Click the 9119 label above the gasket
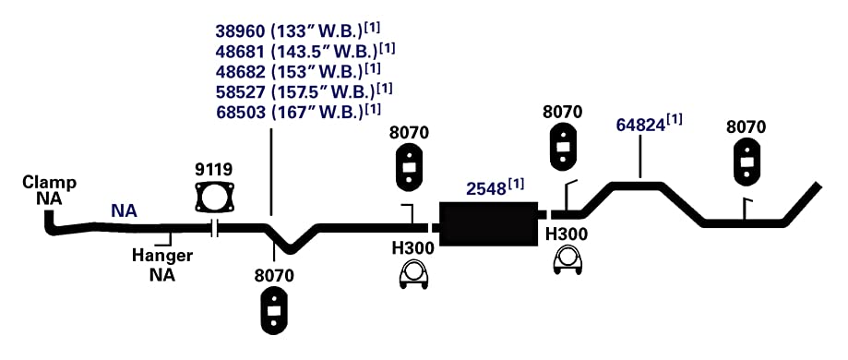(x=214, y=170)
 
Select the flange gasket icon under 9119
(x=215, y=197)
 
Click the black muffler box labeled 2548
(x=489, y=224)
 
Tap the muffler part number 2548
(x=486, y=189)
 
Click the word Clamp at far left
(x=49, y=183)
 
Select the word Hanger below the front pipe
(x=162, y=255)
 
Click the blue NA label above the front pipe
(x=125, y=211)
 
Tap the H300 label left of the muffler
(x=412, y=248)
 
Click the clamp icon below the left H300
(x=414, y=275)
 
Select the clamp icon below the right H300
(x=567, y=260)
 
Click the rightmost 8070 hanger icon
(x=746, y=162)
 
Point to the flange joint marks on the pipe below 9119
(x=215, y=229)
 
